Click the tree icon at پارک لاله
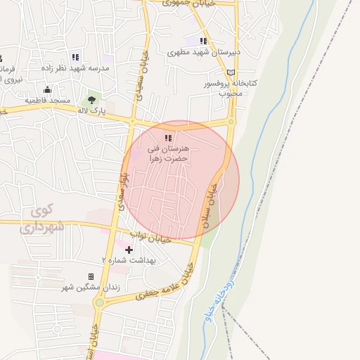pyautogui.click(x=91, y=100)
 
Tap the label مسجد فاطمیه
pyautogui.click(x=48, y=101)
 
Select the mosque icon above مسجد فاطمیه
pyautogui.click(x=47, y=89)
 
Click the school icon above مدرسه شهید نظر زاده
pyautogui.click(x=75, y=57)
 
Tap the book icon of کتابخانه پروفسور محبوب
pyautogui.click(x=231, y=72)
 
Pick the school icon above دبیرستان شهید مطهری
pyautogui.click(x=204, y=41)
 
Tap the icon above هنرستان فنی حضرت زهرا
pyautogui.click(x=167, y=138)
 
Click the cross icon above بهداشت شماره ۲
pyautogui.click(x=129, y=250)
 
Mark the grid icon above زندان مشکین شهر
pyautogui.click(x=91, y=277)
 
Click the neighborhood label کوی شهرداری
pyautogui.click(x=44, y=219)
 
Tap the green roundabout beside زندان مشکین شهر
pyautogui.click(x=100, y=303)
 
